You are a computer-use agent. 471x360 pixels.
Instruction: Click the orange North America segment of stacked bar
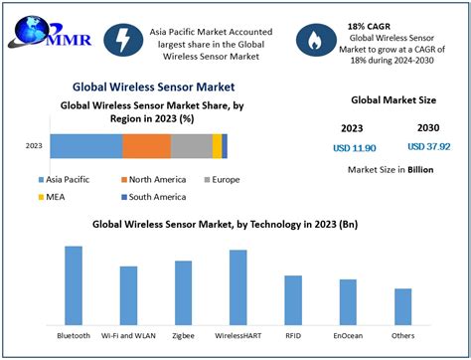[x=146, y=146]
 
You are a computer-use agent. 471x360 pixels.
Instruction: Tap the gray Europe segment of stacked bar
[x=191, y=146]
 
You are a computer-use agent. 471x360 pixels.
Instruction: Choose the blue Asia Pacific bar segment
[x=85, y=146]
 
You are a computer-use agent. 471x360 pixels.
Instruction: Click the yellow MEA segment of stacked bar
[x=217, y=146]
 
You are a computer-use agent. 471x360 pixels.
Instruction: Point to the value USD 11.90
[x=355, y=148]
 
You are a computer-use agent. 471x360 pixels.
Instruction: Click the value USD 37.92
[x=428, y=148]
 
